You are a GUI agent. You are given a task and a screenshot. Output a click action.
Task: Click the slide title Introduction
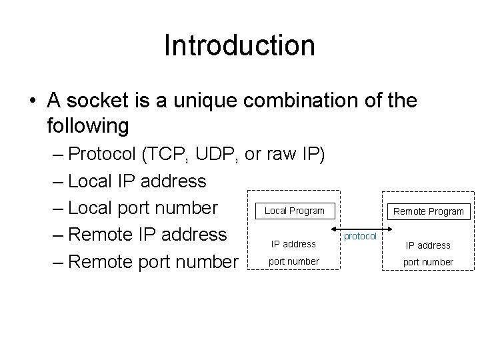coord(239,45)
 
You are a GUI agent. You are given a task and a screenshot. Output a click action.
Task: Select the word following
coord(88,125)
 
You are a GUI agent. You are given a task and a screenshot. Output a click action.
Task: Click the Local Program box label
coord(295,211)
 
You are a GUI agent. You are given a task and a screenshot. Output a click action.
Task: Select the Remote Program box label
coord(428,211)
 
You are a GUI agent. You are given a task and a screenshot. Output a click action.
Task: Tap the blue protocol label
coord(360,237)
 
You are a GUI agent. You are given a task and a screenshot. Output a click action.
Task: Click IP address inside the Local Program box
coord(293,244)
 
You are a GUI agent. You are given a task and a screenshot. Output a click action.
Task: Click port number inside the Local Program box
coord(293,261)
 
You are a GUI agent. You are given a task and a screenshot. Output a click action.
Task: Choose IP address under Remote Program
coord(428,245)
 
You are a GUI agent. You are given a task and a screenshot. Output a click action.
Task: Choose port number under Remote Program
coord(428,262)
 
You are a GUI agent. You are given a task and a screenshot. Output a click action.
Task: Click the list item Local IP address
coord(137,181)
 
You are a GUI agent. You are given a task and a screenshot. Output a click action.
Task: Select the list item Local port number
coord(143,208)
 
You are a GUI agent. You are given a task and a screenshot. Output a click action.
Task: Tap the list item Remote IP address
coord(147,235)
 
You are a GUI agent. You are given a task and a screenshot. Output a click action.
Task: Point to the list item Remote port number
coord(153,261)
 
